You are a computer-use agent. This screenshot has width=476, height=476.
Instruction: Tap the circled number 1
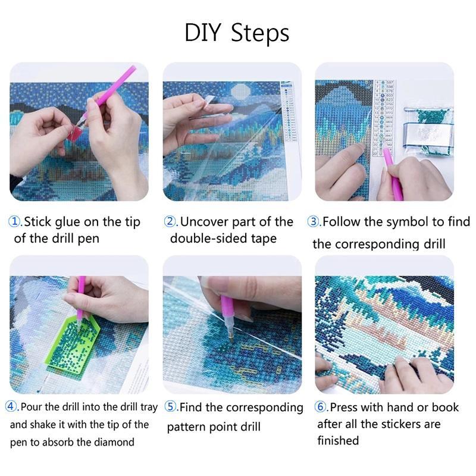[15, 222]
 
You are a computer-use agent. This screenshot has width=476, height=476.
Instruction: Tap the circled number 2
[171, 222]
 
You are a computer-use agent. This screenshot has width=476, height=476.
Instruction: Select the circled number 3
[314, 222]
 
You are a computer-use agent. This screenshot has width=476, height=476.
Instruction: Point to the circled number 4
[12, 407]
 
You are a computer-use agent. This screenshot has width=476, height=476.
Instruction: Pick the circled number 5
[171, 408]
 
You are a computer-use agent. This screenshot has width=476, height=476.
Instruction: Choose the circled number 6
[321, 408]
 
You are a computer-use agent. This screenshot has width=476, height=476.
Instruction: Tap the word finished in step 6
[338, 441]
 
